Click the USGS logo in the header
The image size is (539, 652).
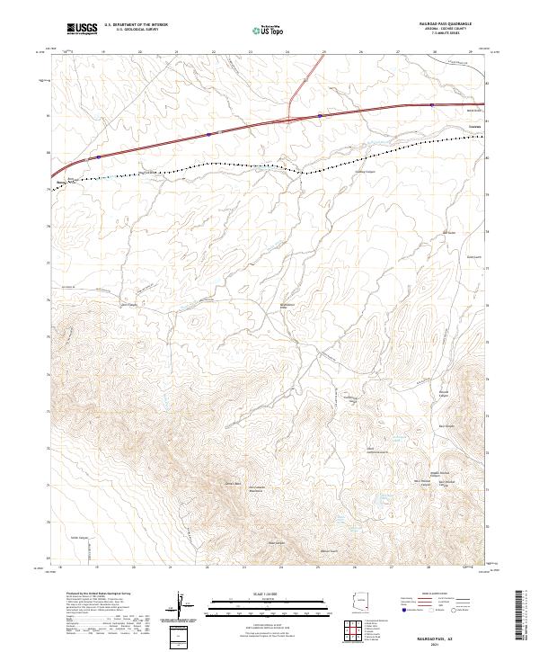[x=84, y=29]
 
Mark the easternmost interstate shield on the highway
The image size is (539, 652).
[x=431, y=105]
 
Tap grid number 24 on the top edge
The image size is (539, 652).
[x=287, y=53]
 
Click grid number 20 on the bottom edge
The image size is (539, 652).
[x=133, y=568]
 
